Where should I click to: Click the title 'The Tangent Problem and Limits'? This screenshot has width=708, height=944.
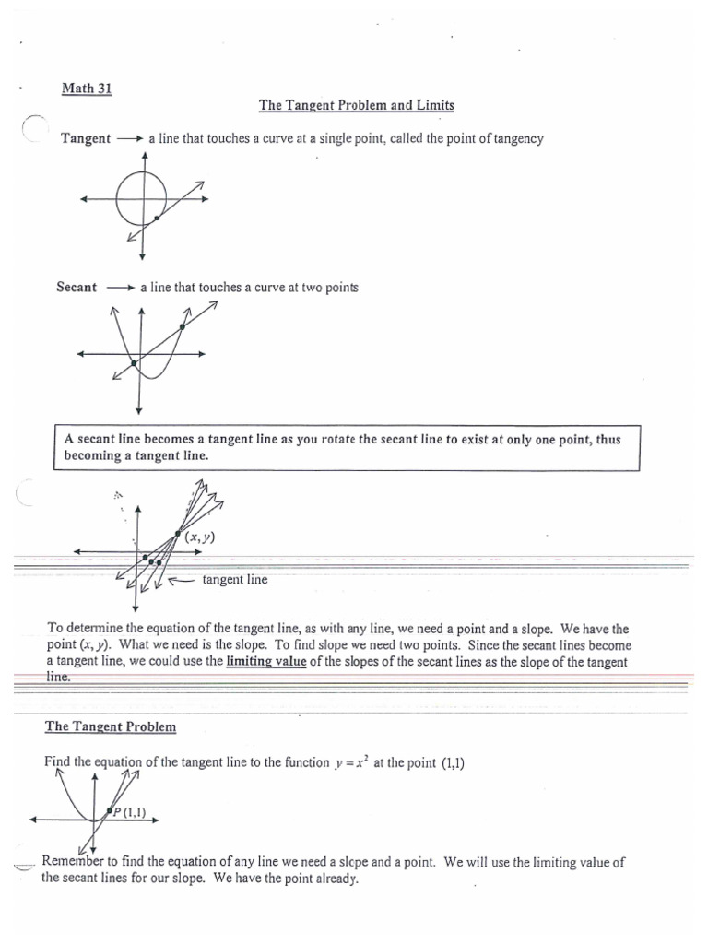pyautogui.click(x=356, y=106)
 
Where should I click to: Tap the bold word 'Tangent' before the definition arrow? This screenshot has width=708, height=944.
pyautogui.click(x=86, y=139)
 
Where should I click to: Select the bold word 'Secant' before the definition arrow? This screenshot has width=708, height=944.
pyautogui.click(x=77, y=288)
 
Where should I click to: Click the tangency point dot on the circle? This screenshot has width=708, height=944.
pyautogui.click(x=158, y=218)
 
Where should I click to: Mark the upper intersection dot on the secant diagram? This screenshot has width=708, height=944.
pyautogui.click(x=183, y=326)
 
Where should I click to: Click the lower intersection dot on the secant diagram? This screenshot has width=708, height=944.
pyautogui.click(x=135, y=364)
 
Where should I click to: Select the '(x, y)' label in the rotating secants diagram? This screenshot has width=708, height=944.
pyautogui.click(x=199, y=537)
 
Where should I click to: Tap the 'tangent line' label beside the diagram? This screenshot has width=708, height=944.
pyautogui.click(x=234, y=580)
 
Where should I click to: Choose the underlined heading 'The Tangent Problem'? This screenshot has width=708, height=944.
pyautogui.click(x=111, y=726)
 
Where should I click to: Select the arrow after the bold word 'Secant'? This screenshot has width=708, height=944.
pyautogui.click(x=121, y=288)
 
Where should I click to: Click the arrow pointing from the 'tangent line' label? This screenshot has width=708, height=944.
pyautogui.click(x=181, y=580)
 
